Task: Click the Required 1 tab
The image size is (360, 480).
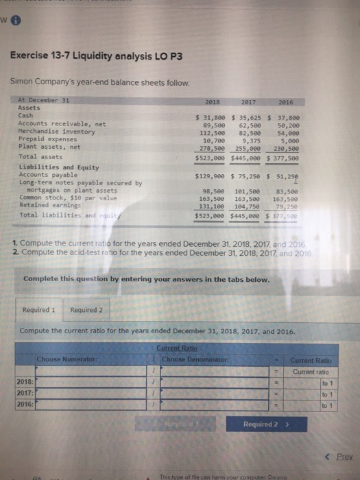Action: (38, 309)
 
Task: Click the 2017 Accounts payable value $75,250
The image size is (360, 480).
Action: (248, 176)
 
